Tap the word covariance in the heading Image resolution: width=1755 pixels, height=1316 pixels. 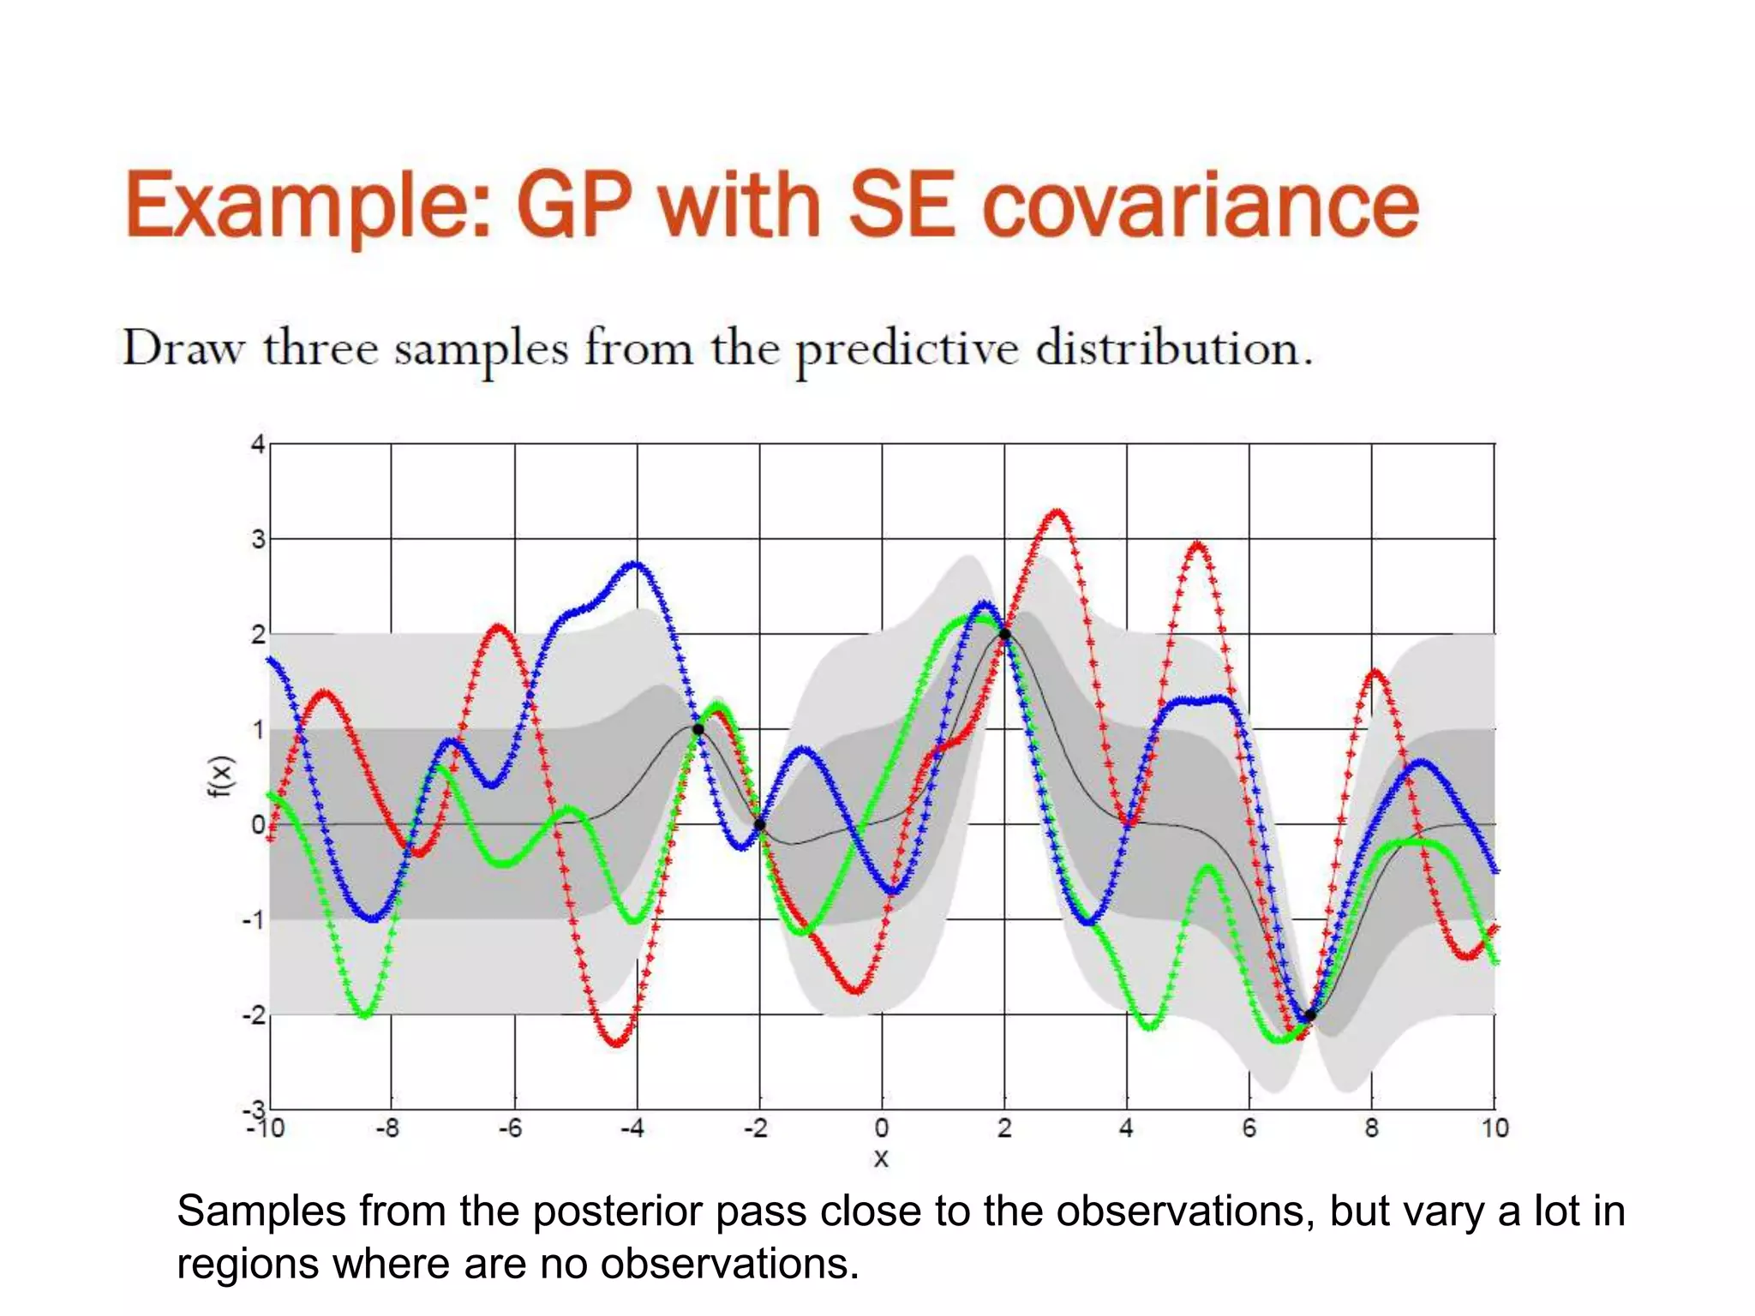click(1200, 206)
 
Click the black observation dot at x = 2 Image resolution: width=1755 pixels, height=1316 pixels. click(1004, 635)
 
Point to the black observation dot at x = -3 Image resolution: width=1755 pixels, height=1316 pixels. click(698, 729)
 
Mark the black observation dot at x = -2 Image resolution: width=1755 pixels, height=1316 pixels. click(759, 825)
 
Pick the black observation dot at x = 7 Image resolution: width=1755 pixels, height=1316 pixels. click(1309, 1015)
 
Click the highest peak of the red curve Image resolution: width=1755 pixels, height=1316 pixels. click(1057, 512)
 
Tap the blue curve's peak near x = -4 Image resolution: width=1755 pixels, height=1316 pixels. click(634, 564)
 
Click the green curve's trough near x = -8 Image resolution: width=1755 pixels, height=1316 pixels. click(364, 1015)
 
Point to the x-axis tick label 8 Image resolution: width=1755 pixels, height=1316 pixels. click(1371, 1128)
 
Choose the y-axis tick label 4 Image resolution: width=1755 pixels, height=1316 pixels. click(257, 445)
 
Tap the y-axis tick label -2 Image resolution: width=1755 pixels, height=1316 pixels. click(254, 1015)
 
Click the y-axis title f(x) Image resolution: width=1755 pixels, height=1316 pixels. click(221, 776)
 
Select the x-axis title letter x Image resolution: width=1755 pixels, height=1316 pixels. click(881, 1158)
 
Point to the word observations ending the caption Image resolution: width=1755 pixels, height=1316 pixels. click(728, 1264)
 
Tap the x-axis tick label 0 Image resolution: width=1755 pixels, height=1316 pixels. click(882, 1128)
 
